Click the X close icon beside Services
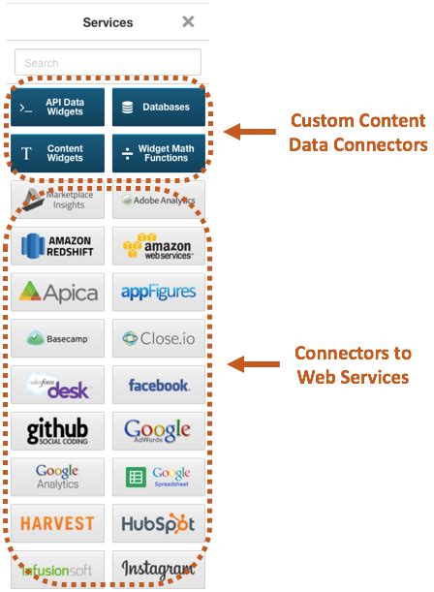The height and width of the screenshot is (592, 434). tap(188, 21)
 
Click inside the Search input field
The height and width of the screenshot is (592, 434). tap(108, 63)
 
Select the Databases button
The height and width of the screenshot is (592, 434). tap(159, 108)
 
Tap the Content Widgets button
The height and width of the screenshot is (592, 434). tap(59, 153)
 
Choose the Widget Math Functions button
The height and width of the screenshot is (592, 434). tap(159, 153)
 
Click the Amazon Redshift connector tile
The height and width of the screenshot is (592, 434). tap(59, 246)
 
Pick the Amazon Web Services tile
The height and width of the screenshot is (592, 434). tap(159, 246)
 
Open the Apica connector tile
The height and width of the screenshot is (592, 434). tap(59, 292)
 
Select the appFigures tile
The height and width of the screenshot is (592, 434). tap(159, 292)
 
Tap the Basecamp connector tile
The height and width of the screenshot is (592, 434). tap(59, 338)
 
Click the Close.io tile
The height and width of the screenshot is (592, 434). tap(159, 338)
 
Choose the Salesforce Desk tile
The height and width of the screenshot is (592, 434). tap(59, 385)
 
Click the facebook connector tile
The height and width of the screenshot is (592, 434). tap(159, 385)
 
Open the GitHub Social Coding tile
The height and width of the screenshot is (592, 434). tap(59, 431)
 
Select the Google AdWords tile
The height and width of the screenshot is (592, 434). tap(159, 431)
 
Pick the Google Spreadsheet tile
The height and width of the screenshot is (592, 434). tap(159, 477)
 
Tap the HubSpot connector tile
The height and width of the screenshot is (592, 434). tap(159, 523)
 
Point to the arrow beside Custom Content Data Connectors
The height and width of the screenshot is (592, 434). tap(250, 132)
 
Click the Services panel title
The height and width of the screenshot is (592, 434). tap(108, 21)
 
